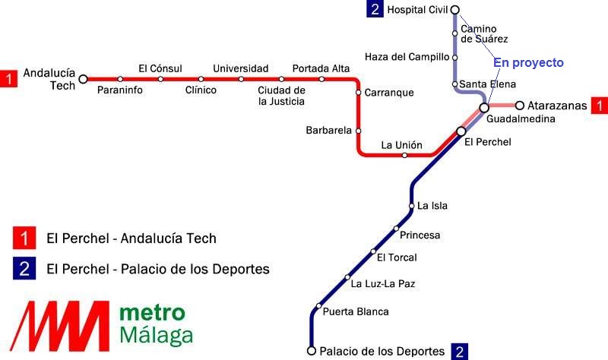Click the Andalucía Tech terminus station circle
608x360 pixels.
click(83, 79)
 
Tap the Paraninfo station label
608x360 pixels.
click(120, 90)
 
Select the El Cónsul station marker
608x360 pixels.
click(160, 79)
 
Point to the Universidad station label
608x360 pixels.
click(241, 68)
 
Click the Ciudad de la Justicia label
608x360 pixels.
click(281, 96)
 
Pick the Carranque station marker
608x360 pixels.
click(358, 92)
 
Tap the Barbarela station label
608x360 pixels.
click(328, 130)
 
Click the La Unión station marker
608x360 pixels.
click(404, 156)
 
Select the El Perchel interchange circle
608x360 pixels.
click(461, 131)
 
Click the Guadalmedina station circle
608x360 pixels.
click(484, 107)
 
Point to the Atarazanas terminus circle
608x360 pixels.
click(520, 105)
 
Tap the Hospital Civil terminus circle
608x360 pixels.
click(455, 10)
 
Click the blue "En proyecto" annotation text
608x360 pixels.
click(528, 63)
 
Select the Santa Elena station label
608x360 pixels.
click(487, 84)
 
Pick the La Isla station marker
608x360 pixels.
click(412, 206)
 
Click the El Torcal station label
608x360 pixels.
click(397, 257)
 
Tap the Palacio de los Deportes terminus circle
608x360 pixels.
click(312, 351)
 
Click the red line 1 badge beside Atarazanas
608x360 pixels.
click(600, 106)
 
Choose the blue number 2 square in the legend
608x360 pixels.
click(24, 268)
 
